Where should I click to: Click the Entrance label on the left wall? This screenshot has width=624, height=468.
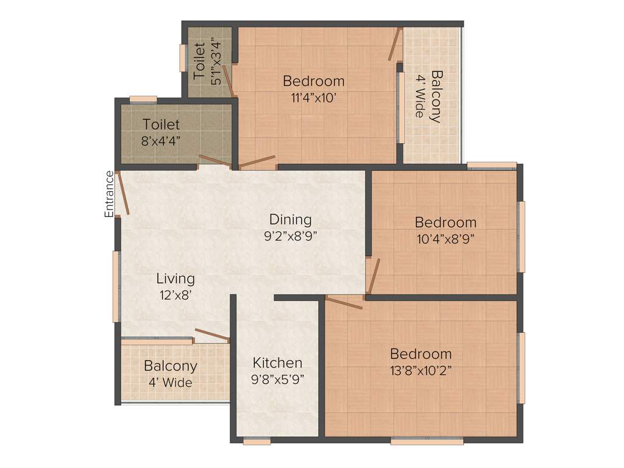tap(109, 194)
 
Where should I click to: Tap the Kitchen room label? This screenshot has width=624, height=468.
tap(277, 363)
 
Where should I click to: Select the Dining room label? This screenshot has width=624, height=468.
tap(291, 219)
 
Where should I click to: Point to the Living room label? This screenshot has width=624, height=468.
tap(175, 278)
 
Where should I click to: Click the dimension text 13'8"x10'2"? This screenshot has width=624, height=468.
tap(420, 369)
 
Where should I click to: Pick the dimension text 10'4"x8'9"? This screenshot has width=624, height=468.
tap(445, 238)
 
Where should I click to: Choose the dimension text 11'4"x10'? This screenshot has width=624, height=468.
tap(313, 97)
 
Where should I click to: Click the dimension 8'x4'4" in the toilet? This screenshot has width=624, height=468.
tap(161, 140)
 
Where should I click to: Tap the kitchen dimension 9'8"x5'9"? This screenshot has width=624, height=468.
tap(277, 378)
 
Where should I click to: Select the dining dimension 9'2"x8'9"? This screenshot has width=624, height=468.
tap(291, 235)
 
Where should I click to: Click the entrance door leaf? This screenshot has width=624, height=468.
tap(122, 193)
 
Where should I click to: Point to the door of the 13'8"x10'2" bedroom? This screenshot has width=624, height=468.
tap(344, 302)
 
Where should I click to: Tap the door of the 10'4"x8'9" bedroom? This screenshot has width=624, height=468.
tap(373, 275)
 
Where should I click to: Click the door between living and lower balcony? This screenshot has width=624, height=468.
tap(211, 336)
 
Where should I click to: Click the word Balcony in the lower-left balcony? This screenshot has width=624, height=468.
tap(171, 366)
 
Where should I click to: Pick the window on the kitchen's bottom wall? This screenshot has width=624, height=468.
tap(257, 441)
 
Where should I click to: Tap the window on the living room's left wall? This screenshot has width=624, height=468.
tap(116, 286)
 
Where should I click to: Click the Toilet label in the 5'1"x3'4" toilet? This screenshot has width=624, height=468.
tap(199, 60)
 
